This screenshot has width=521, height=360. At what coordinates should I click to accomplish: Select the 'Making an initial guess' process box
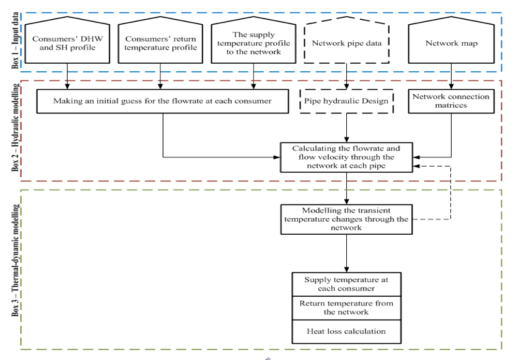pos(162,101)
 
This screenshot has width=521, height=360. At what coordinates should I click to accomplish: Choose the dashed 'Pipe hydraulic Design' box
pos(346,101)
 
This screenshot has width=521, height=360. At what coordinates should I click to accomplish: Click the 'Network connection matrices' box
pos(451,101)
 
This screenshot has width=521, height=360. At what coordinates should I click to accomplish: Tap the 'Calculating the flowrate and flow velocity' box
pos(346,157)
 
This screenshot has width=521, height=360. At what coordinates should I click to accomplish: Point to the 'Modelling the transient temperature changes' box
pos(346,219)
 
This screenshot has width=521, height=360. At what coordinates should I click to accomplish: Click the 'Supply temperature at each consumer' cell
pos(346,284)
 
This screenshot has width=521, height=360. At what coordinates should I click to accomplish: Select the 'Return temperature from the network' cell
pos(346,308)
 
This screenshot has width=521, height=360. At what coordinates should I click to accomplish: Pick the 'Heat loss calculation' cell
pos(346,331)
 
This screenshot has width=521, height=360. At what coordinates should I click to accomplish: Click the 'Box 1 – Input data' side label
pos(15,40)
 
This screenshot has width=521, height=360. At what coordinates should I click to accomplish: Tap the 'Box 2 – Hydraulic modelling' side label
pos(15,127)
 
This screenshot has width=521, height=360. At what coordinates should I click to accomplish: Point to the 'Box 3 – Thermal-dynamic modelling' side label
pos(15,260)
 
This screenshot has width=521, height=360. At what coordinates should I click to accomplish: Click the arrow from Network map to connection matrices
pos(451,76)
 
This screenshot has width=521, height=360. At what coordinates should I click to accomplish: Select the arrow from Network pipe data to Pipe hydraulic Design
pos(346,76)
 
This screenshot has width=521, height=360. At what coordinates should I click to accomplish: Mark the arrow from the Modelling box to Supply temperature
pos(346,253)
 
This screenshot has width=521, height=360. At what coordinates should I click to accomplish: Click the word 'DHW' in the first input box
pos(90,39)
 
